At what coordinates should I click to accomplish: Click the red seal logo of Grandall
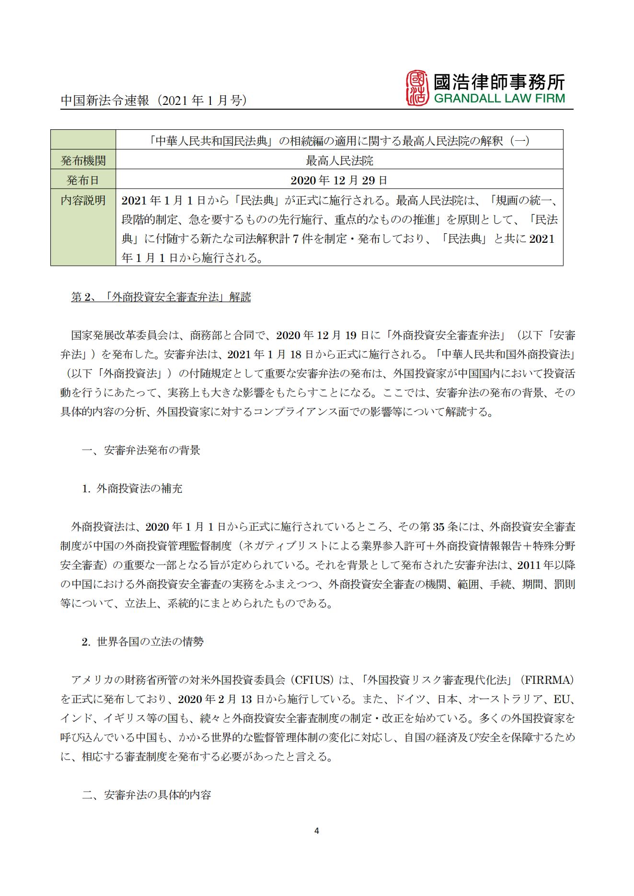[x=417, y=89]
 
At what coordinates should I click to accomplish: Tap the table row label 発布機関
[x=83, y=160]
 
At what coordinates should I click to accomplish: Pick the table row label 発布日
[x=83, y=180]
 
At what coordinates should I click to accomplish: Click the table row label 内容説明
[x=83, y=200]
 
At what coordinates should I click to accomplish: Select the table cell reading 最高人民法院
[x=339, y=160]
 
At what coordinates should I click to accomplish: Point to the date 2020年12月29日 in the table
[x=339, y=180]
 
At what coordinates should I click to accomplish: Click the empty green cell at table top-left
[x=83, y=140]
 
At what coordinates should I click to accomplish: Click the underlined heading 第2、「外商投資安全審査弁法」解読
[x=161, y=297]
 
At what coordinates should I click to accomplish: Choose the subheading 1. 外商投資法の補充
[x=132, y=488]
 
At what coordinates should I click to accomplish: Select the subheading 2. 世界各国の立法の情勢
[x=142, y=642]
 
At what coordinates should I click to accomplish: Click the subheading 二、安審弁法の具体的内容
[x=146, y=795]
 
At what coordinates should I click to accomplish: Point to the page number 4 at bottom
[x=316, y=830]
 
